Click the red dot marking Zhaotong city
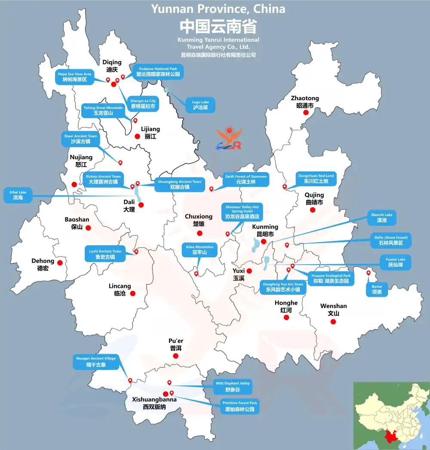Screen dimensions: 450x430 coord(306,113)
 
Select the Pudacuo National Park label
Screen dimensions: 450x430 coord(158,71)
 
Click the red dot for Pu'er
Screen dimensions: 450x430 coord(175,356)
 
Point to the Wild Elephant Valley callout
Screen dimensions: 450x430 coord(232,387)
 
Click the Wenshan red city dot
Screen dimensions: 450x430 coord(333,321)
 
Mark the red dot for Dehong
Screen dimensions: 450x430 coord(60,262)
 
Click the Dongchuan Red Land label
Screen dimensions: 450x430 coord(316,179)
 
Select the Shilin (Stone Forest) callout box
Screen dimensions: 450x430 coord(391,240)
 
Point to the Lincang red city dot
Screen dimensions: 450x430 coord(132,293)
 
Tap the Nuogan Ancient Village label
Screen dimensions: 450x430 coord(95,362)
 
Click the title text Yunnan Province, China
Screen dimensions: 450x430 coord(218,9)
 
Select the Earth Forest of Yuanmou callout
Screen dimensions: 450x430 coord(246,179)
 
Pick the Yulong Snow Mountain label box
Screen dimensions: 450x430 coord(103,110)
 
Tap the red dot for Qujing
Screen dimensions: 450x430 coord(313,210)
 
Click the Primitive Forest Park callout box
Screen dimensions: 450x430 coord(240,407)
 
